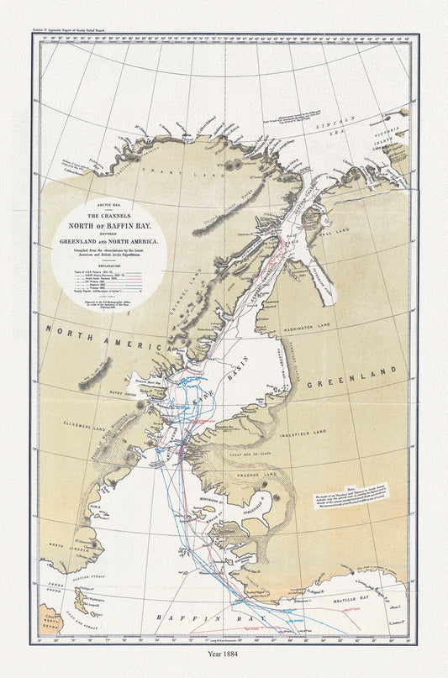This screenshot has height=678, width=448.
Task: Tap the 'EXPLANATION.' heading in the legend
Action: pyautogui.click(x=111, y=264)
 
